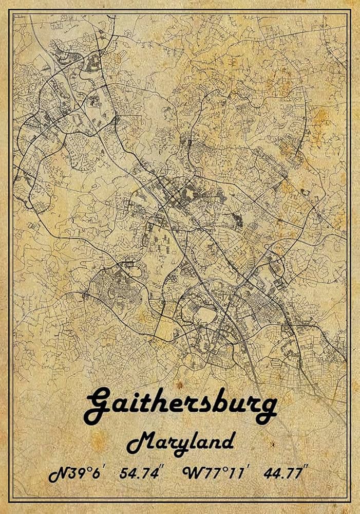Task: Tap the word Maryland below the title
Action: (180, 442)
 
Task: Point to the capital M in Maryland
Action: (138, 442)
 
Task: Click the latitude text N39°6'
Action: (77, 473)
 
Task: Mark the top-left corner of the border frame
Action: (11, 11)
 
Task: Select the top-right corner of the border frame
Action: (350, 11)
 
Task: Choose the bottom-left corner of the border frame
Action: (11, 502)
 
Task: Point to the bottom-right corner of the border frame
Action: (350, 502)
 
